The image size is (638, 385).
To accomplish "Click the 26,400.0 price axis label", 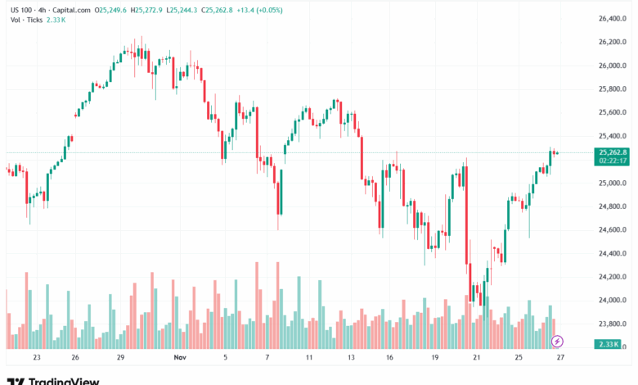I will (x=613, y=18).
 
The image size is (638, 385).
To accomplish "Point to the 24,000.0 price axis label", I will (x=613, y=301).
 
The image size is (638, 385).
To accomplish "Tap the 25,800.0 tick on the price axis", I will (x=613, y=88).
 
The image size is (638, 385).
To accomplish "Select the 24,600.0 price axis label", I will (x=613, y=230).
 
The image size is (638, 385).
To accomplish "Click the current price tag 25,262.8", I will (x=613, y=152).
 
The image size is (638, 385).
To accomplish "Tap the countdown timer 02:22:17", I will (x=613, y=161).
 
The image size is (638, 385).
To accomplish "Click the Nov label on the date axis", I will (x=180, y=358).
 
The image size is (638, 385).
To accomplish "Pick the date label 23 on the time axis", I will (x=36, y=358).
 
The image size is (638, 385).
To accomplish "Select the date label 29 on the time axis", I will (x=120, y=358).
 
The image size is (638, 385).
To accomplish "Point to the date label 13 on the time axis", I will (x=350, y=358).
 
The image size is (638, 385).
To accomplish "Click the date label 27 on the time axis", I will (x=560, y=358).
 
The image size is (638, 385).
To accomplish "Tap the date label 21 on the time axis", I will (x=478, y=358).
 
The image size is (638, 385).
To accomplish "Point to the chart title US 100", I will (x=20, y=10).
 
